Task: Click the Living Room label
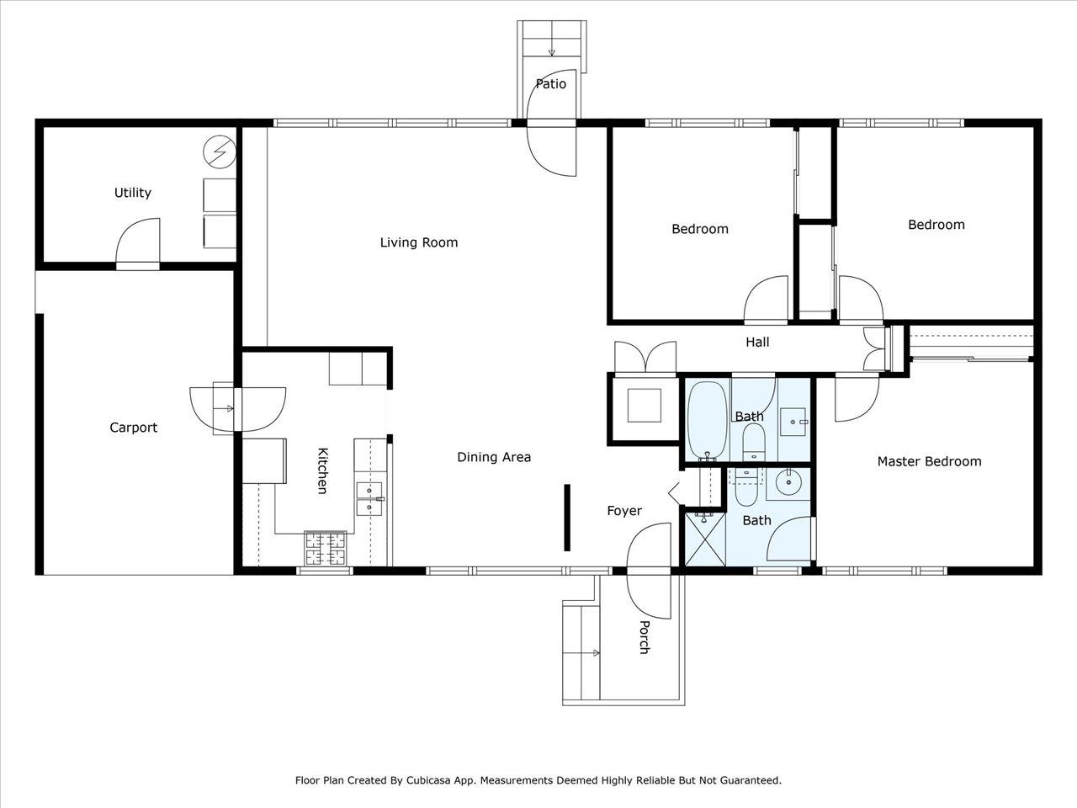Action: click(x=418, y=242)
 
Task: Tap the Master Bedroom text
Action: click(x=929, y=461)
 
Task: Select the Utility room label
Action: click(x=132, y=193)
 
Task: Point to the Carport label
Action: click(x=134, y=428)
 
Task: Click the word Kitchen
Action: click(x=322, y=470)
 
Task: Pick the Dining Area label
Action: click(x=494, y=457)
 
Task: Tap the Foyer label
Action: click(x=624, y=511)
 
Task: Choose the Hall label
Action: click(x=757, y=342)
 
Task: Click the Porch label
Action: click(x=645, y=637)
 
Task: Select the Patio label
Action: click(x=550, y=84)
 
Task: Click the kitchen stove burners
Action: click(x=326, y=549)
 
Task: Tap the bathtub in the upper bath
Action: click(x=707, y=421)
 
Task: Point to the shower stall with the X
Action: click(x=704, y=539)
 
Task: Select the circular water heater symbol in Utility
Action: click(x=220, y=152)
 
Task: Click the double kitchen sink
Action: click(x=369, y=499)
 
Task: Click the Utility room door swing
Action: click(x=138, y=241)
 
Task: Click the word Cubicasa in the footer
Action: click(x=427, y=780)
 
